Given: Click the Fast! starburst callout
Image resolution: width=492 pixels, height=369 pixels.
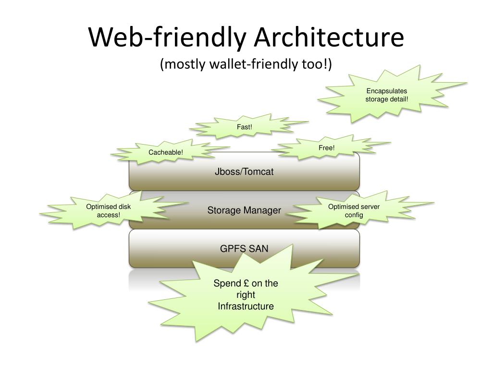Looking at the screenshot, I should [x=245, y=127].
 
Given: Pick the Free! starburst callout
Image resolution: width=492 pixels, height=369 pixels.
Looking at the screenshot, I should [x=326, y=148].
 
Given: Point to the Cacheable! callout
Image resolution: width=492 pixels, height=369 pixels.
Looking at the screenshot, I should [x=166, y=152].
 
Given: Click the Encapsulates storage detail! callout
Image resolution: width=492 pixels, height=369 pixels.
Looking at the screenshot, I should [x=387, y=95].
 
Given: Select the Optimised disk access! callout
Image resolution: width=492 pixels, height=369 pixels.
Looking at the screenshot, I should [x=109, y=211].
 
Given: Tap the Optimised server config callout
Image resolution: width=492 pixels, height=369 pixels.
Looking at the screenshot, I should [x=354, y=211].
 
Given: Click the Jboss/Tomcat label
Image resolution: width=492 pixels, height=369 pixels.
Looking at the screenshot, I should [x=244, y=172].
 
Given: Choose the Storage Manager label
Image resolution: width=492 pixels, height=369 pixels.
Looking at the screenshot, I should [x=244, y=210].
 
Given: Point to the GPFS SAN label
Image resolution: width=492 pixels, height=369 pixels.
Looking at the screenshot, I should [x=244, y=248].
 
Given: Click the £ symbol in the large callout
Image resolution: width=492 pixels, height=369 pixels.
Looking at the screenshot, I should [x=246, y=283].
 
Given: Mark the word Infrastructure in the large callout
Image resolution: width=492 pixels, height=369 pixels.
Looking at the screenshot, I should [x=246, y=307].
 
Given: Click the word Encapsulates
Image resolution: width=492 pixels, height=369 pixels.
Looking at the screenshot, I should [x=387, y=91].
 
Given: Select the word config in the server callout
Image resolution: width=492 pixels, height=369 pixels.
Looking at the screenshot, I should [x=354, y=215].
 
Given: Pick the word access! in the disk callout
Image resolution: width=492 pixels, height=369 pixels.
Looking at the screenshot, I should [x=109, y=215].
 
